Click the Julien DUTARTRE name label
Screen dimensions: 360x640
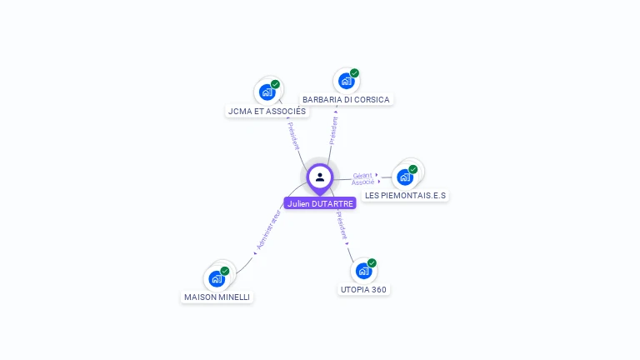[320, 203]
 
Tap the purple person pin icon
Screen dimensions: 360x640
[320, 177]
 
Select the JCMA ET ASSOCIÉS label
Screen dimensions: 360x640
[267, 111]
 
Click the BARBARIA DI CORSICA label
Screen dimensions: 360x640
[346, 99]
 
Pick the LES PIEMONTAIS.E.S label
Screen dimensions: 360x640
[405, 195]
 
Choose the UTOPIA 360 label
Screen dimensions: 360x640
[364, 289]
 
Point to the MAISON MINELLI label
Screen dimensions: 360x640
[217, 297]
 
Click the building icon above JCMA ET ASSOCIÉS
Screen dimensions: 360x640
[267, 92]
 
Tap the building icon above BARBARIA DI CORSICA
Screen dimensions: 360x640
[345, 81]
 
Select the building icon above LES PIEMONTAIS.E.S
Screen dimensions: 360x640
[405, 177]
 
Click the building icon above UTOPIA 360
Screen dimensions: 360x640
[363, 271]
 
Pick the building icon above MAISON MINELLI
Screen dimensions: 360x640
[217, 278]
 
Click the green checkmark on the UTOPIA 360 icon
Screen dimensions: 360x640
[372, 263]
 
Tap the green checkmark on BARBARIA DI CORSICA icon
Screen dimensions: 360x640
[354, 73]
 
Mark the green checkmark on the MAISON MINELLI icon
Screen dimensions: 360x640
[225, 271]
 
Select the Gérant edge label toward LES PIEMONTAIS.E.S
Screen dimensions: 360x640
[362, 175]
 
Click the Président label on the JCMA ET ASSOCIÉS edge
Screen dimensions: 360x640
[294, 136]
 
